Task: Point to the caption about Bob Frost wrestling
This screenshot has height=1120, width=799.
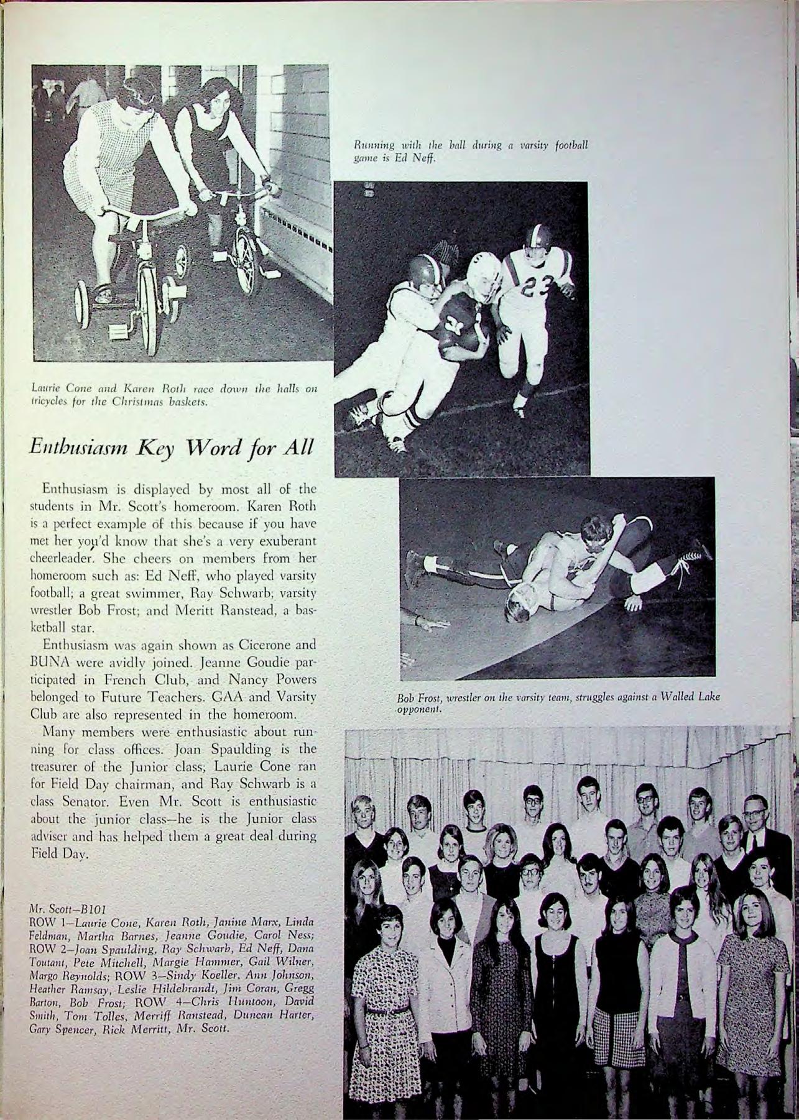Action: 558,703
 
